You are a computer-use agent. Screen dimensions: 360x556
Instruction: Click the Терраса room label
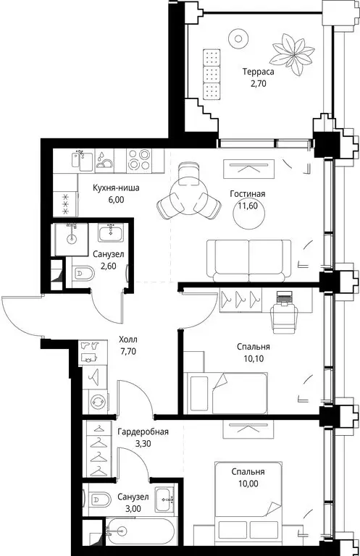click(x=258, y=72)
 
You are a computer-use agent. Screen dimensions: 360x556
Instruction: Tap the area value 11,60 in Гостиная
click(x=248, y=206)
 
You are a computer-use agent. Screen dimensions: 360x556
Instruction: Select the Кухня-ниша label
click(x=116, y=188)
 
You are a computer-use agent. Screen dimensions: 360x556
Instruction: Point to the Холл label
click(x=128, y=340)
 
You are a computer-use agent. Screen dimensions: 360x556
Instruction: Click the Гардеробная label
click(x=143, y=432)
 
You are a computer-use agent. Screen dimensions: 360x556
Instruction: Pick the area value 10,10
click(x=254, y=358)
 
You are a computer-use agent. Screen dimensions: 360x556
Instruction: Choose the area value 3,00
click(x=133, y=509)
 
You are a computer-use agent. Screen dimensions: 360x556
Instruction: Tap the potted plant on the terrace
click(x=293, y=54)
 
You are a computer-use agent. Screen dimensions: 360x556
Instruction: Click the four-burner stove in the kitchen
click(x=138, y=159)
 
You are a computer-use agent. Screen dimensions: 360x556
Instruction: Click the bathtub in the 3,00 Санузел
click(x=140, y=532)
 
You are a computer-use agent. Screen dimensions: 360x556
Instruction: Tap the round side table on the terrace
click(x=238, y=38)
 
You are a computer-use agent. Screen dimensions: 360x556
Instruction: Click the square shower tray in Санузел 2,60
click(x=71, y=239)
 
